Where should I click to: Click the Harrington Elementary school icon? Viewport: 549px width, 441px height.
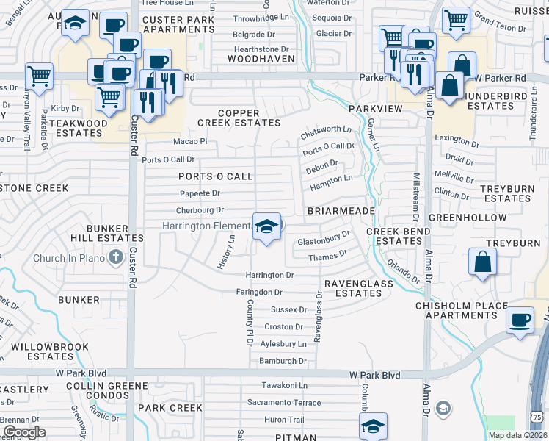pyautogui.click(x=267, y=226)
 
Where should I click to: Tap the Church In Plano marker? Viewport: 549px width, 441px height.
pyautogui.click(x=114, y=257)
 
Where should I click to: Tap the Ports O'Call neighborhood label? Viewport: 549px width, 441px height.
pyautogui.click(x=215, y=176)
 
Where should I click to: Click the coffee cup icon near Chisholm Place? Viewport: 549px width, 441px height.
pyautogui.click(x=520, y=320)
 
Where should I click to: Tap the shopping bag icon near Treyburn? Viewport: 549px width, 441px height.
pyautogui.click(x=482, y=262)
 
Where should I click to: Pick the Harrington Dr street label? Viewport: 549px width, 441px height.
pyautogui.click(x=269, y=275)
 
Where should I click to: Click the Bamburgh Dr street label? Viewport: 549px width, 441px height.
pyautogui.click(x=283, y=361)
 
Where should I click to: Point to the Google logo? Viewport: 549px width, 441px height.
pyautogui.click(x=25, y=432)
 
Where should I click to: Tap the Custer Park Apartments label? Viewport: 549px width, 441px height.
pyautogui.click(x=179, y=24)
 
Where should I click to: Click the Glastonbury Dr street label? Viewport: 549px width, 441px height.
pyautogui.click(x=324, y=239)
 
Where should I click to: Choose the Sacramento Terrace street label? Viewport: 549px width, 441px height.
pyautogui.click(x=283, y=403)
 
